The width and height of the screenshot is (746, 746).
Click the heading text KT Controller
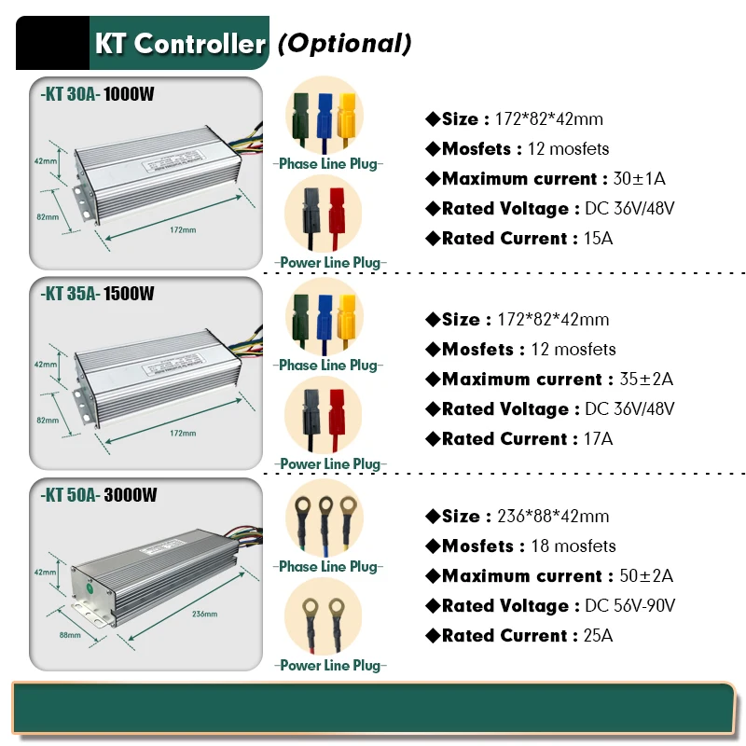point(179,43)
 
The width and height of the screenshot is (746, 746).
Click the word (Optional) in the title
point(344,43)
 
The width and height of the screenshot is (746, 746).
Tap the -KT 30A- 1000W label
point(98,94)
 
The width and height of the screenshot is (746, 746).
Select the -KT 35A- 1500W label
point(98,295)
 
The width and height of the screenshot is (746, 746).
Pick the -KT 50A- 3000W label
point(98,495)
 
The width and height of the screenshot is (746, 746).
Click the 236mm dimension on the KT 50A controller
point(204,615)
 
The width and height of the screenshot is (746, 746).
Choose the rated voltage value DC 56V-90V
point(630,606)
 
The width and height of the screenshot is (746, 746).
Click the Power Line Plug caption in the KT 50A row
point(329,666)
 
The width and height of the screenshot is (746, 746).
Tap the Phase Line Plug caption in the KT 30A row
point(328,164)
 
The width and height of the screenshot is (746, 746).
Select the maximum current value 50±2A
point(646,576)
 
